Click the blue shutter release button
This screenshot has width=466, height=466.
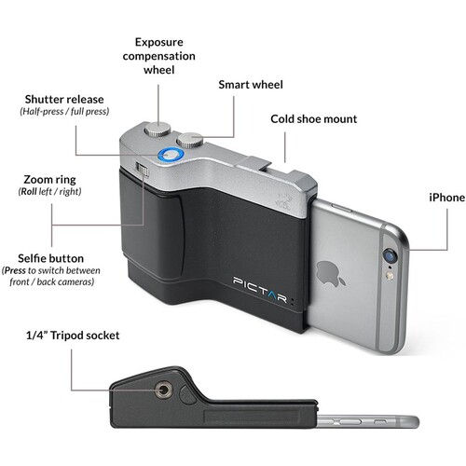point(171,155)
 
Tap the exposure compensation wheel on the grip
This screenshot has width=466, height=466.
point(158,130)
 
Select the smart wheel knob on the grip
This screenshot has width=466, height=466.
point(190,140)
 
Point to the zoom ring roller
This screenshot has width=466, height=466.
point(143,170)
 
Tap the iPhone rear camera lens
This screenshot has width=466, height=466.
point(391,256)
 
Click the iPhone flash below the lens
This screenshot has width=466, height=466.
point(390,275)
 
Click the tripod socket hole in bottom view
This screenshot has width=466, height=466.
point(163,390)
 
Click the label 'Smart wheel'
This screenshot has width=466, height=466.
point(251,85)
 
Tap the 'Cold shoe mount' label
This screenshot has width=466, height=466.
point(314,119)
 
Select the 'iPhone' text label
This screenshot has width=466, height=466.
point(446,198)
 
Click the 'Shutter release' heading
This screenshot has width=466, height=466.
point(64,100)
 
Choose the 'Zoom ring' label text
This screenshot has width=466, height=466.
point(49,180)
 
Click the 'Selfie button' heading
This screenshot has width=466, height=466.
point(50,258)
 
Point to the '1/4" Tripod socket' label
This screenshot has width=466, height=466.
point(73,336)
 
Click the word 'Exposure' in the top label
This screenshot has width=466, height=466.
point(159,42)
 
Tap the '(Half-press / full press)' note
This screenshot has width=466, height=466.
point(64,111)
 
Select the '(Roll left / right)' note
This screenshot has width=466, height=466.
point(49,191)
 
